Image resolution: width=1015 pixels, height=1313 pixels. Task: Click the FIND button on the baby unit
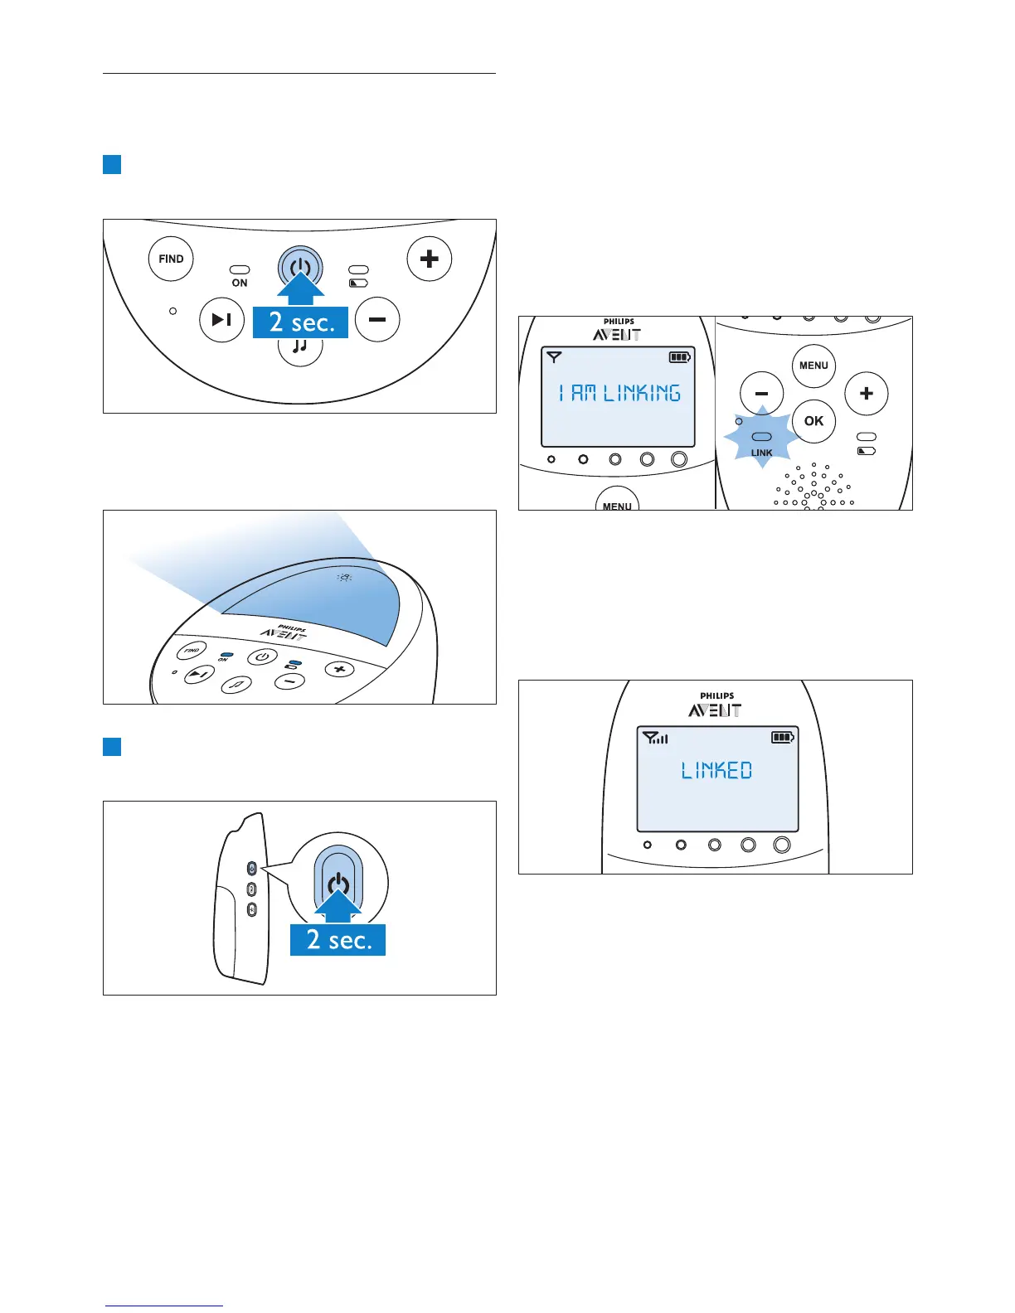coord(171,259)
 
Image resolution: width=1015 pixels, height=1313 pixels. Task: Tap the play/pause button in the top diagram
coord(221,319)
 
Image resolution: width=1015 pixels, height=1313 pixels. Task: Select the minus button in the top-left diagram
coord(377,319)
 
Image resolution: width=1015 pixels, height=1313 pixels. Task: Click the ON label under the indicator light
coord(240,283)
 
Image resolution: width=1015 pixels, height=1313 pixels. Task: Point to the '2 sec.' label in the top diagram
coord(301,322)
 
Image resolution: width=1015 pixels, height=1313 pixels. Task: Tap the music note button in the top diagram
coord(300,348)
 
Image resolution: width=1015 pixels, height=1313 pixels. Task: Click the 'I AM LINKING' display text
coord(619,393)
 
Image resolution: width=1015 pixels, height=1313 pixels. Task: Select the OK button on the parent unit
coord(813,420)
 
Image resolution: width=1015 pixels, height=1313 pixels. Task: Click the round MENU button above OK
coord(813,366)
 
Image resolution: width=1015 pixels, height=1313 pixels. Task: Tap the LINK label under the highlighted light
coord(761,453)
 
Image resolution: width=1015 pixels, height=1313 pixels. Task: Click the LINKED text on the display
coord(716,771)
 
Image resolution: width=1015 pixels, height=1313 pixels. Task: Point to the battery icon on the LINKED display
coord(783,737)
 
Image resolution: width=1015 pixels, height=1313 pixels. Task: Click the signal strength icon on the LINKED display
coord(655,737)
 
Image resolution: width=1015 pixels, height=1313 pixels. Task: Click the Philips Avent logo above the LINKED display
coord(716,705)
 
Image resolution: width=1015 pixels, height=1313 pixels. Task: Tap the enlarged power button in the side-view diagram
coord(338,883)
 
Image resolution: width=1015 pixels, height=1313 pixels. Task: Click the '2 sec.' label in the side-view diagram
coord(338,939)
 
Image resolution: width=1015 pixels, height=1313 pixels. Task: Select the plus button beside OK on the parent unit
coord(866,393)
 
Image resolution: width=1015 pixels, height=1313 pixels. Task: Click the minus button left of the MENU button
coord(761,393)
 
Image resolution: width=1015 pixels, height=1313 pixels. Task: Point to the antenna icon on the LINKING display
coord(554,357)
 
